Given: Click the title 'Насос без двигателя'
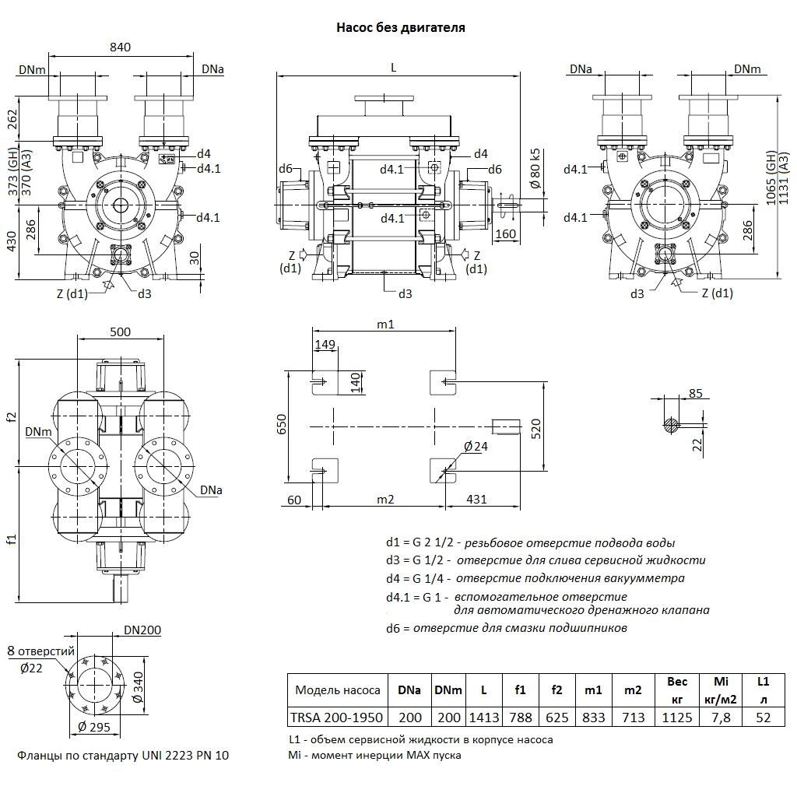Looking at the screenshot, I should pos(401,28).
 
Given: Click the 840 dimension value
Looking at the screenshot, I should pos(120,47).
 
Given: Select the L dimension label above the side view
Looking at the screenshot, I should pos(394,68).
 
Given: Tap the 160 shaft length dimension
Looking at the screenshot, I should pos(506,233).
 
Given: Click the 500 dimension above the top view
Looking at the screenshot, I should pos(120,332).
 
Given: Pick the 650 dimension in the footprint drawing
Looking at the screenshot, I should pos(282,424).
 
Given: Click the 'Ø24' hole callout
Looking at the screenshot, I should pos(475,447).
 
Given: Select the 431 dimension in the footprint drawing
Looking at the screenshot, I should pos(477,499).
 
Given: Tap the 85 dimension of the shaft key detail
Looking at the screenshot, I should pos(696,393).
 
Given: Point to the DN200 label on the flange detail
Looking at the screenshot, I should pos(142,630).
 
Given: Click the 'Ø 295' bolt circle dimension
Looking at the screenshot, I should pos(94,728).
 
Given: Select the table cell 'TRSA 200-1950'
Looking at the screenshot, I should pos(337,717).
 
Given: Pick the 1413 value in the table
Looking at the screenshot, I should pos(484,717).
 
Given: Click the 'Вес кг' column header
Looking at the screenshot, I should pos(677,690).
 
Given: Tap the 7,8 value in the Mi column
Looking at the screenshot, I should pos(721,717).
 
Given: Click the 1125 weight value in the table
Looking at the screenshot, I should pos(677,717).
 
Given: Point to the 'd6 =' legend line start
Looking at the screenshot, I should pos(397,628).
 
